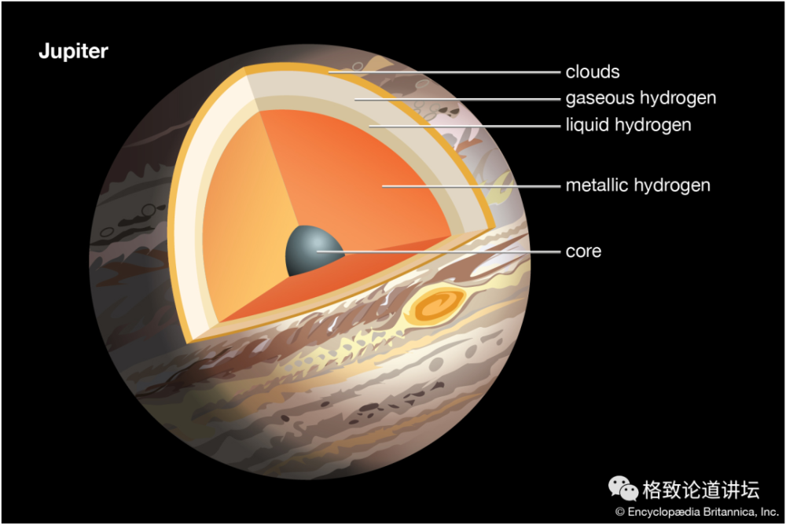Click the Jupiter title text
pos(73,53)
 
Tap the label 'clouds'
pos(593,72)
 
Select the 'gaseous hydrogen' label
pos(641,98)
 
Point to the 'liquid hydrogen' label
pos(628,125)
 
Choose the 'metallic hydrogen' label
pos(637,185)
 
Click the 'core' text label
pos(583,251)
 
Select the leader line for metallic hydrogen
pos(472,186)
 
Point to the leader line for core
pos(440,252)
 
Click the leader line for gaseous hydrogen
pos(456,99)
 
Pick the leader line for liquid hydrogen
pos(464,126)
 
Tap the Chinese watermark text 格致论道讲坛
pos(700,490)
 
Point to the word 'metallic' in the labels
pos(593,185)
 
